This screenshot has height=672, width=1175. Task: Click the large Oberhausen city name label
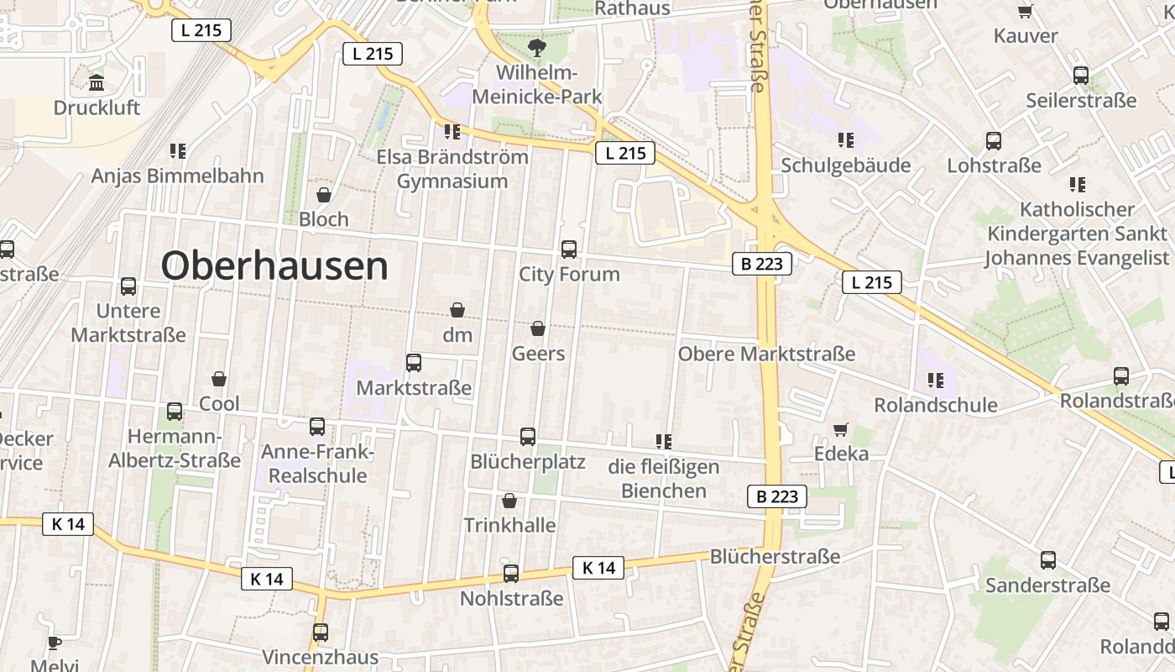(x=274, y=266)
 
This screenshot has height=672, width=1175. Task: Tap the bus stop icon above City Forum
(x=569, y=249)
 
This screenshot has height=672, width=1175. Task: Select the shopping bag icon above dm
(x=457, y=310)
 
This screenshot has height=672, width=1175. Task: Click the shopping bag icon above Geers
(x=538, y=328)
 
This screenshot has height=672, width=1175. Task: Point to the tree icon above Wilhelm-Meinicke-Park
(x=537, y=47)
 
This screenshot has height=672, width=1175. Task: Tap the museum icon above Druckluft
(x=97, y=83)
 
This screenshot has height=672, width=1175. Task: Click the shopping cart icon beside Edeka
(x=841, y=430)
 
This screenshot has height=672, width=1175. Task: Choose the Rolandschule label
(x=936, y=405)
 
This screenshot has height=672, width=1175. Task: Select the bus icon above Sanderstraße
(x=1048, y=560)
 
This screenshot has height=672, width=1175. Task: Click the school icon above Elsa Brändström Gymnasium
(x=452, y=132)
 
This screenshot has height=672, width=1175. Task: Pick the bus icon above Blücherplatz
(x=528, y=437)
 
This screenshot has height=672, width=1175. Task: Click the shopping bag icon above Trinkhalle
(x=509, y=501)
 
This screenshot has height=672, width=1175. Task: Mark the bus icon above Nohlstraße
(x=511, y=574)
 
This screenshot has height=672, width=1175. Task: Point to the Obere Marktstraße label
(x=766, y=354)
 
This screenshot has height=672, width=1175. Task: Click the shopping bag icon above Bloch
(x=324, y=195)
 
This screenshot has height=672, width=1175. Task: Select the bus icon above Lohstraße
(x=994, y=141)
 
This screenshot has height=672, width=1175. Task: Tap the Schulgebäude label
(x=845, y=165)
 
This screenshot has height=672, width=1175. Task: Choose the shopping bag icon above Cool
(x=219, y=380)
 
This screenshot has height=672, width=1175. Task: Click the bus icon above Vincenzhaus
(x=321, y=633)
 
